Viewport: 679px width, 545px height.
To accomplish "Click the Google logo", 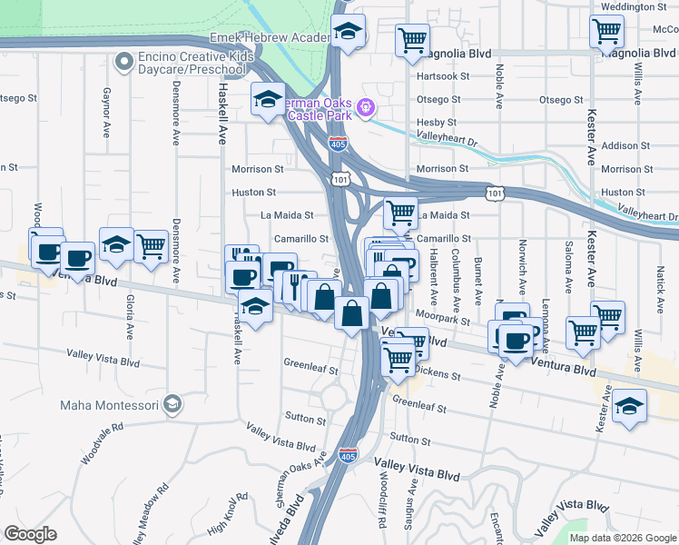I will coord(31,534).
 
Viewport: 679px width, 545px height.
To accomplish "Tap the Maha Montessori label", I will coord(109,404).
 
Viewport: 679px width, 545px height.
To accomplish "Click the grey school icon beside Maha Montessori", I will coord(173,404).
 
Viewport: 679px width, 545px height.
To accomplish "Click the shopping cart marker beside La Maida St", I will coord(400,214).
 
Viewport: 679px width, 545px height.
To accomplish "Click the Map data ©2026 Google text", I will coord(622,538).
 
